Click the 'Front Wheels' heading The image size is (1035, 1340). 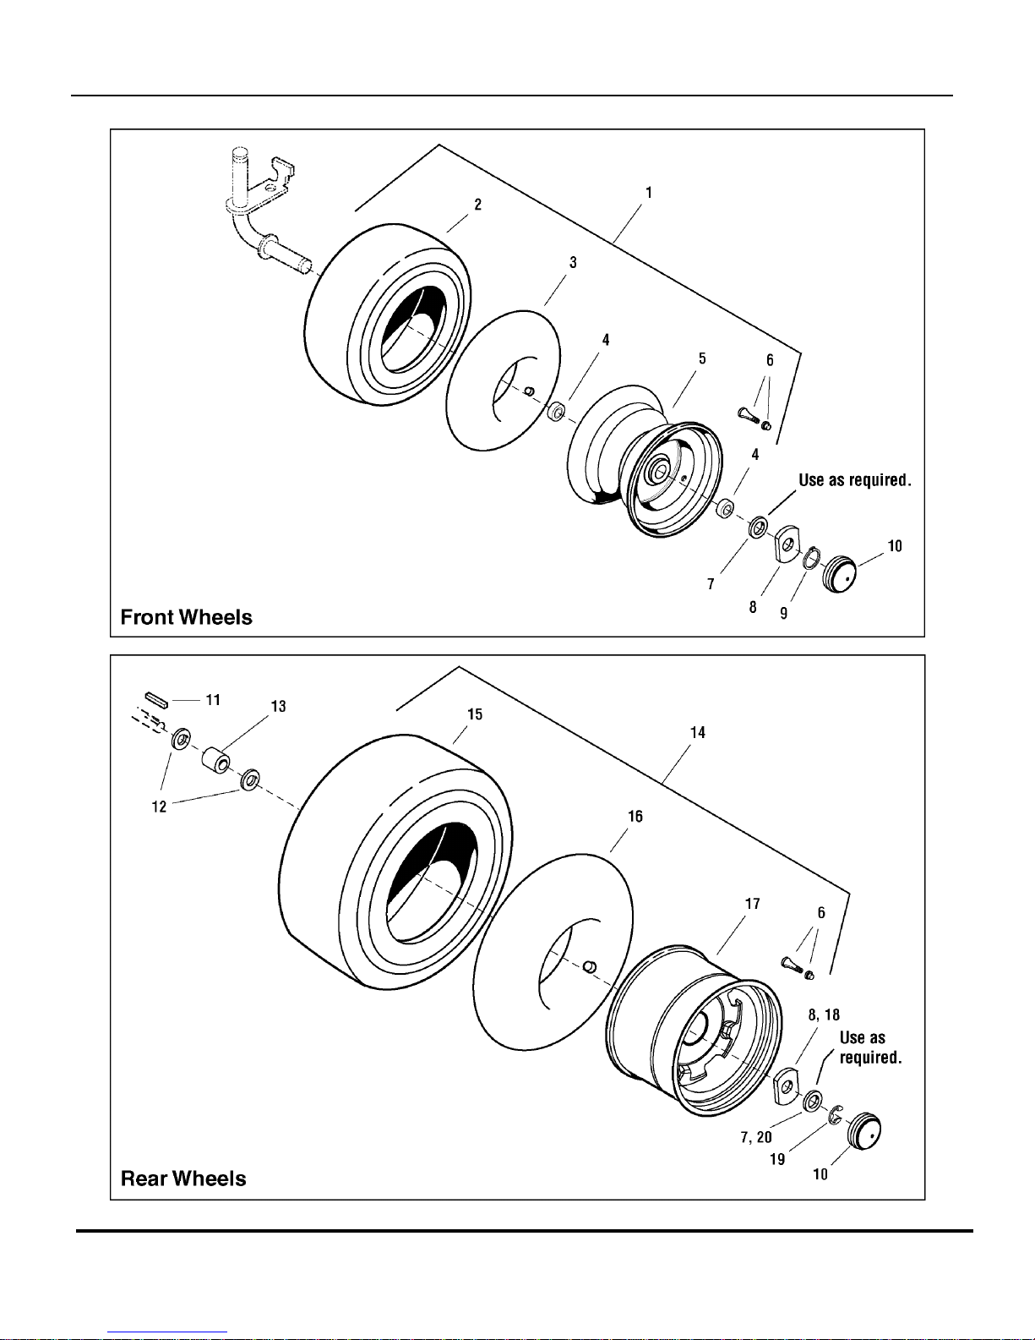tap(186, 617)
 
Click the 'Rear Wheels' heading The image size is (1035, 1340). tap(183, 1179)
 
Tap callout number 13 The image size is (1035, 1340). tap(278, 706)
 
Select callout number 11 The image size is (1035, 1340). tap(213, 700)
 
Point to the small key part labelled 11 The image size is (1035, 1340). tap(156, 700)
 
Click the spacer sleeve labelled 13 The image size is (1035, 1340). tap(216, 758)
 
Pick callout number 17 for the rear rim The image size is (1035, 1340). tap(752, 904)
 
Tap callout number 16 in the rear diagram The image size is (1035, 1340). tap(635, 816)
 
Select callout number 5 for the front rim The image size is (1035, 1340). tap(702, 358)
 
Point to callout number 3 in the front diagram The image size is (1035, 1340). tap(573, 262)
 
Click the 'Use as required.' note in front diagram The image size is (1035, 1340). tap(854, 480)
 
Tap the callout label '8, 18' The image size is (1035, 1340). tap(824, 1015)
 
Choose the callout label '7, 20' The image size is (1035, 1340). tap(756, 1137)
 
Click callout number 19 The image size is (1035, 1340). tap(777, 1159)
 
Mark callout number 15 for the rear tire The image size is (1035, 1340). tap(475, 714)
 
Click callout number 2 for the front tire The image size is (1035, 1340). tap(477, 205)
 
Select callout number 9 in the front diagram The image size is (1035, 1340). tap(784, 612)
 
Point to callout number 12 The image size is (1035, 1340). tap(159, 807)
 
